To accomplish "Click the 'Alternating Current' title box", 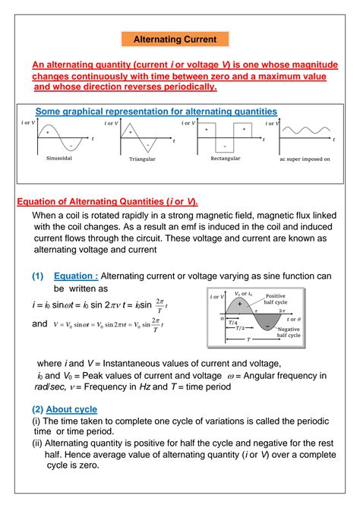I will pos(175,39).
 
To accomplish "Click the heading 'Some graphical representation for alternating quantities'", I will pos(156,111).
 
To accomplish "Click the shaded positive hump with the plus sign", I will pos(239,303).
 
